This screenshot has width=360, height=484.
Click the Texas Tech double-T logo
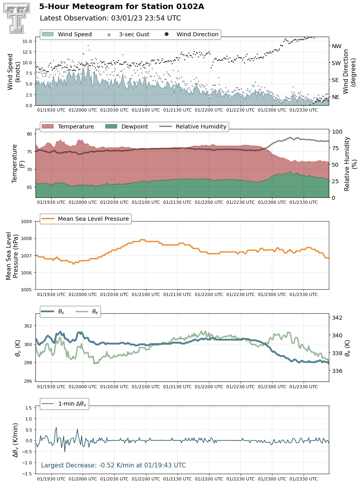pos(17,18)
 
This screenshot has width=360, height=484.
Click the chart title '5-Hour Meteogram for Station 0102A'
pos(121,7)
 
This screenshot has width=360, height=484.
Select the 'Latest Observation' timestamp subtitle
pos(110,18)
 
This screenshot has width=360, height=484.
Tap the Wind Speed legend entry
pos(67,34)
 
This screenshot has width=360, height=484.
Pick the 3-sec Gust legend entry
pos(129,34)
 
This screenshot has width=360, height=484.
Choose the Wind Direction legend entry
pos(192,34)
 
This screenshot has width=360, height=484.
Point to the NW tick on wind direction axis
pos(336,46)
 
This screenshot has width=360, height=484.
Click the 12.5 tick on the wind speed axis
pos(27,52)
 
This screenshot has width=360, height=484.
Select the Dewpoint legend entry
pos(127,127)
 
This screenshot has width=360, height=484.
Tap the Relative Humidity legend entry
pos(193,127)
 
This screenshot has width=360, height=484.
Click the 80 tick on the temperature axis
pos(29,134)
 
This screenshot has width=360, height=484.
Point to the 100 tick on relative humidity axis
pos(337,132)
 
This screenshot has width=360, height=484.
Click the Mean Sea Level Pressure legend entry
pos(85,219)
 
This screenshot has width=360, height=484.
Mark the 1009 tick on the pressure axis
pos(26,222)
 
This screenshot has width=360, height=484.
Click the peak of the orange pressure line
pos(142,240)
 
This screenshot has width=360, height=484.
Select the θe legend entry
pos(87,311)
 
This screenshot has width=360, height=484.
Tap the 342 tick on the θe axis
pos(337,318)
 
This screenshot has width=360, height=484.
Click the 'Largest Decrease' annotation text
pos(113,465)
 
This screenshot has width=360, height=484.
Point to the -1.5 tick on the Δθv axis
pos(27,474)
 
